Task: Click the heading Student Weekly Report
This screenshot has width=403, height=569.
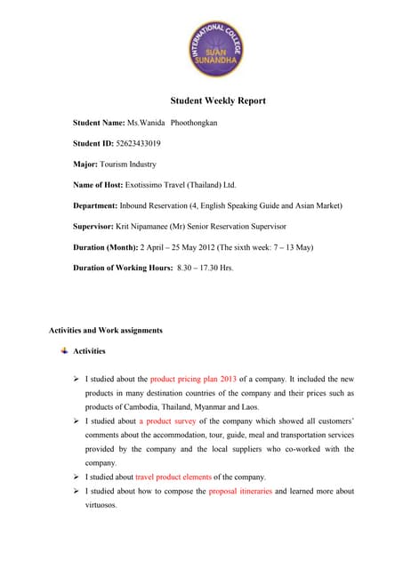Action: (x=201, y=100)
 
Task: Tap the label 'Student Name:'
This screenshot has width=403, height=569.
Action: (x=99, y=121)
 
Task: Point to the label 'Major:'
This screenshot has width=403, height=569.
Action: (x=87, y=164)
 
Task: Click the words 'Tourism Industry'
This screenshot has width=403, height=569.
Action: (x=131, y=164)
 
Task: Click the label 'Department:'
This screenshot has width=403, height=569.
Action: (x=96, y=205)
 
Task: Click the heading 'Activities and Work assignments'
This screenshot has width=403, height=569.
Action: (x=105, y=331)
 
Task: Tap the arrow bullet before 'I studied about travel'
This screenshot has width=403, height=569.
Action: (x=77, y=477)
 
